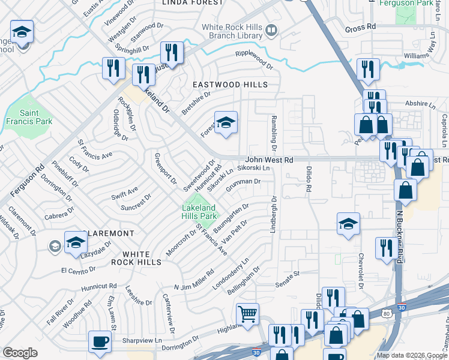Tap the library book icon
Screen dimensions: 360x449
(x=271, y=30)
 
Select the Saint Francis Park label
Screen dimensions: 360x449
(x=36, y=117)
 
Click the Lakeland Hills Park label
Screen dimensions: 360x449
(x=199, y=211)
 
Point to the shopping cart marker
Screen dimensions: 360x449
(x=247, y=314)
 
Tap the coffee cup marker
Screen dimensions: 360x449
(x=100, y=342)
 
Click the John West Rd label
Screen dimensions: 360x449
(x=269, y=160)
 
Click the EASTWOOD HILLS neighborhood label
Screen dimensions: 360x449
(x=229, y=85)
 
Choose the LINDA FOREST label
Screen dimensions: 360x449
(x=184, y=3)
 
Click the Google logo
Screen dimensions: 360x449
(x=20, y=353)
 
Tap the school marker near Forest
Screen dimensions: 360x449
(x=226, y=123)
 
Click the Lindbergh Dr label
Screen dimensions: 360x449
(x=274, y=215)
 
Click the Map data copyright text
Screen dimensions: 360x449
(x=411, y=355)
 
